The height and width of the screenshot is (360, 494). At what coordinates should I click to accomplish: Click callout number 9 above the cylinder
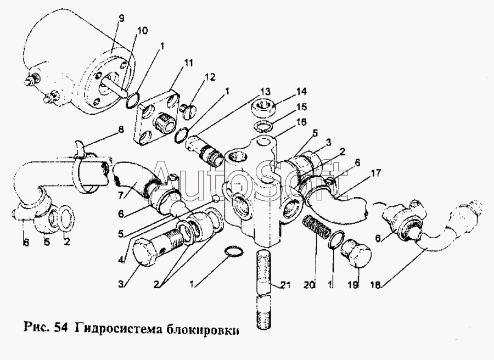121,19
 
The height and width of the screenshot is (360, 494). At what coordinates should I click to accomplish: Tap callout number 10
142,31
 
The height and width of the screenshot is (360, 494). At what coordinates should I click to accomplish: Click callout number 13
265,91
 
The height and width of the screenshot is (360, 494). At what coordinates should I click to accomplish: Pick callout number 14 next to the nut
301,92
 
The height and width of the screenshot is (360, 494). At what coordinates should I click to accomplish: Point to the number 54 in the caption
60,329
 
